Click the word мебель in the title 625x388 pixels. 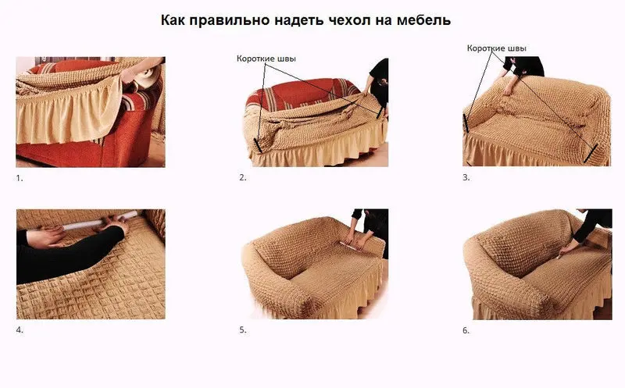[x=422, y=19]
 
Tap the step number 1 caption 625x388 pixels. [x=20, y=178]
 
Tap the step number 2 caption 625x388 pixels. [x=243, y=178]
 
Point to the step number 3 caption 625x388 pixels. [x=466, y=178]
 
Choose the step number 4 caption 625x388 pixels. [x=20, y=330]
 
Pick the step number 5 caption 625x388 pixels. [x=243, y=330]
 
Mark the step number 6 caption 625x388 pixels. [x=466, y=330]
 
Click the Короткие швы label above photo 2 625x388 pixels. [x=266, y=58]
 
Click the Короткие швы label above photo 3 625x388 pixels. [x=497, y=48]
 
